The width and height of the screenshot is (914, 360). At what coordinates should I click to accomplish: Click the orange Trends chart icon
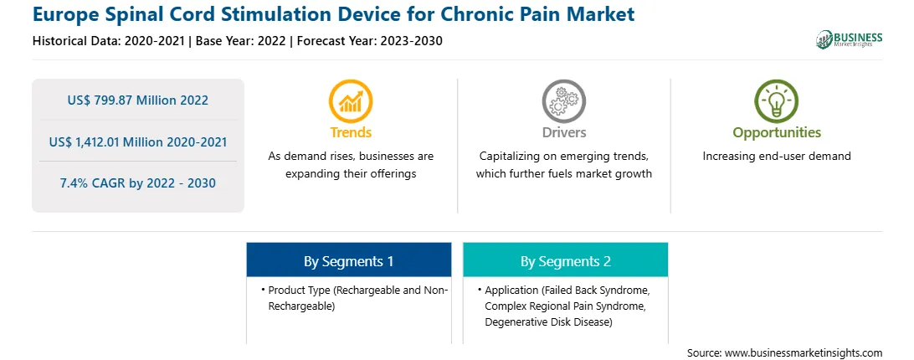pyautogui.click(x=351, y=101)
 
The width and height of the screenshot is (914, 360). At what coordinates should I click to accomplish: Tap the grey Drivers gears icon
pyautogui.click(x=563, y=101)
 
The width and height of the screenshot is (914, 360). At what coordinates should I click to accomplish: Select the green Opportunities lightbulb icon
pyautogui.click(x=777, y=101)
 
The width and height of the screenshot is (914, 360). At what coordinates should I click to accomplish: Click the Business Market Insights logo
pyautogui.click(x=849, y=39)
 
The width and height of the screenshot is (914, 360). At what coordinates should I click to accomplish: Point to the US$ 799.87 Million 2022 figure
pyautogui.click(x=137, y=100)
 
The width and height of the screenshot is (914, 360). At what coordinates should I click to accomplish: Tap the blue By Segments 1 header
pyautogui.click(x=348, y=261)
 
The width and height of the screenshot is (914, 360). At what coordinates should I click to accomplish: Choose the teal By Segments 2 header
pyautogui.click(x=566, y=261)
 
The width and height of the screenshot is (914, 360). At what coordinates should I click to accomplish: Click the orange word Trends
pyautogui.click(x=351, y=132)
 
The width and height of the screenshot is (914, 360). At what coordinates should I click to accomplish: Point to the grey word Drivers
pyautogui.click(x=564, y=132)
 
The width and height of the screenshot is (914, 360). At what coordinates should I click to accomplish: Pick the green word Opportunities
pyautogui.click(x=777, y=133)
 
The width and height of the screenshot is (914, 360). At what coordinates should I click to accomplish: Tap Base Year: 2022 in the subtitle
pyautogui.click(x=241, y=41)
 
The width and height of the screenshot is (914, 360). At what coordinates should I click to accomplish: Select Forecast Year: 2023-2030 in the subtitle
pyautogui.click(x=370, y=41)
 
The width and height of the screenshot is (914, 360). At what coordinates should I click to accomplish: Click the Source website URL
pyautogui.click(x=804, y=353)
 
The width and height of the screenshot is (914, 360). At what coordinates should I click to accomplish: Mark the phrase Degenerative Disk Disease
pyautogui.click(x=548, y=322)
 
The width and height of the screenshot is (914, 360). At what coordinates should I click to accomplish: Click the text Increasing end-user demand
pyautogui.click(x=777, y=157)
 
